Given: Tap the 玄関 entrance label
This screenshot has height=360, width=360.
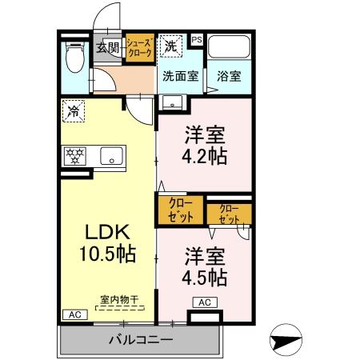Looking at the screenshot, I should pos(108,47).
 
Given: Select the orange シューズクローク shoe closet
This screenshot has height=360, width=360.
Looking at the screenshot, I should pos(137,47).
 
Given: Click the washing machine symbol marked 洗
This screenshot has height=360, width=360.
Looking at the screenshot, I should pos(171,46).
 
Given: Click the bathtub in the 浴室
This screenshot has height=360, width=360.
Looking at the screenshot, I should pos(230,48).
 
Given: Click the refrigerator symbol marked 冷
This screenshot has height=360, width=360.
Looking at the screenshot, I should pos(74,110).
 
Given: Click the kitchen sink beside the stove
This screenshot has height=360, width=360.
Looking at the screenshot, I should pos(110,155).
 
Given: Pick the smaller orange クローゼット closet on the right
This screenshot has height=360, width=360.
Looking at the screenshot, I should pos(230,214).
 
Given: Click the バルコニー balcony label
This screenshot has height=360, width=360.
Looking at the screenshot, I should pos(140,341).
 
